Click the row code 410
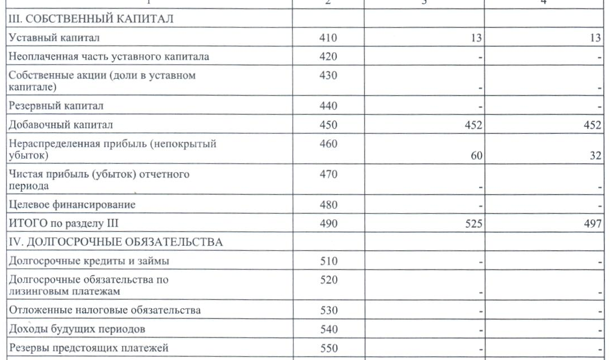[328, 38]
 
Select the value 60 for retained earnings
[476, 155]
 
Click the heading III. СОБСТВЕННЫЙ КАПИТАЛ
[89, 19]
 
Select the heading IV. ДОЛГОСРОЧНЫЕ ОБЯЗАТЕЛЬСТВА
[115, 243]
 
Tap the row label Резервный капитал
[55, 105]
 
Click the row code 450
[328, 124]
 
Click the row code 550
[328, 348]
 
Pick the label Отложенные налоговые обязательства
[105, 310]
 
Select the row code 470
[328, 174]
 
